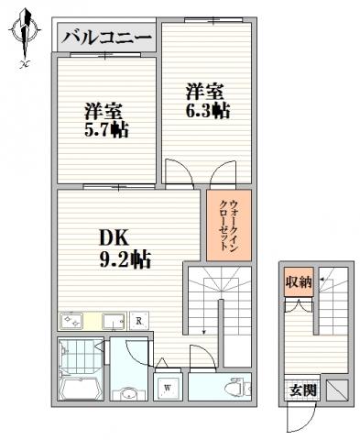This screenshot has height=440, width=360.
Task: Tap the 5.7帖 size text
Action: click(x=106, y=129)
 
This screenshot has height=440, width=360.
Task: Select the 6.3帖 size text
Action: click(x=208, y=111)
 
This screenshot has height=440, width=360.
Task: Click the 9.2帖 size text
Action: click(x=125, y=259)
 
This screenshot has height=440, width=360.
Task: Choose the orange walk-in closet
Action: click(x=229, y=225)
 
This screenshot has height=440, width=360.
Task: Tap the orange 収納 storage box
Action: click(x=299, y=281)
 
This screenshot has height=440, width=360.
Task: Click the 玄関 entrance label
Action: click(x=302, y=390)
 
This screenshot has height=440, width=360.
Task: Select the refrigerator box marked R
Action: click(x=139, y=321)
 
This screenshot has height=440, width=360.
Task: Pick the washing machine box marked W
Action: click(x=167, y=388)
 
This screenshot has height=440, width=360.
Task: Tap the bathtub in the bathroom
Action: click(x=82, y=385)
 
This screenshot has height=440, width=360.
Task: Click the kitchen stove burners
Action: click(x=71, y=321)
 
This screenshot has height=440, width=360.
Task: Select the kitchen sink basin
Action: click(x=114, y=321)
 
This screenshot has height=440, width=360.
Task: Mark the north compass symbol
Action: click(x=25, y=35)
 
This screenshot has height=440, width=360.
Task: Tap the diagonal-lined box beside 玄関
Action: click(x=337, y=390)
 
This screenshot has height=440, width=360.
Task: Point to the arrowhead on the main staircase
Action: click(x=203, y=332)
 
